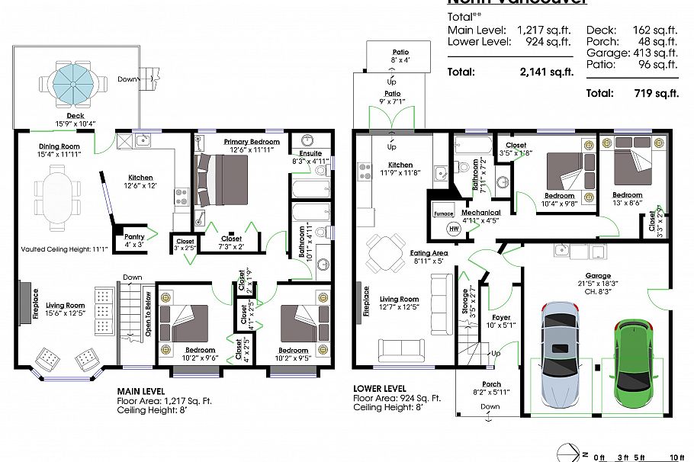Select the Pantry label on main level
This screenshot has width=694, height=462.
(135, 240)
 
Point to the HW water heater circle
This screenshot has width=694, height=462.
(455, 229)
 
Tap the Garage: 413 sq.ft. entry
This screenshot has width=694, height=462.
(631, 53)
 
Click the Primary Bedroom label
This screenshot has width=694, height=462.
(252, 142)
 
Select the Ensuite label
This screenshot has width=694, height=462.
(310, 153)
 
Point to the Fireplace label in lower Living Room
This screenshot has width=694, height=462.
(365, 301)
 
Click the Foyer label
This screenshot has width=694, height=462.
(501, 317)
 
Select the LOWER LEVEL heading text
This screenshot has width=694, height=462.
(380, 388)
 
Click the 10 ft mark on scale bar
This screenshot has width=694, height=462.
(676, 457)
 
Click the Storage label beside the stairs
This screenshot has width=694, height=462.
(464, 300)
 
